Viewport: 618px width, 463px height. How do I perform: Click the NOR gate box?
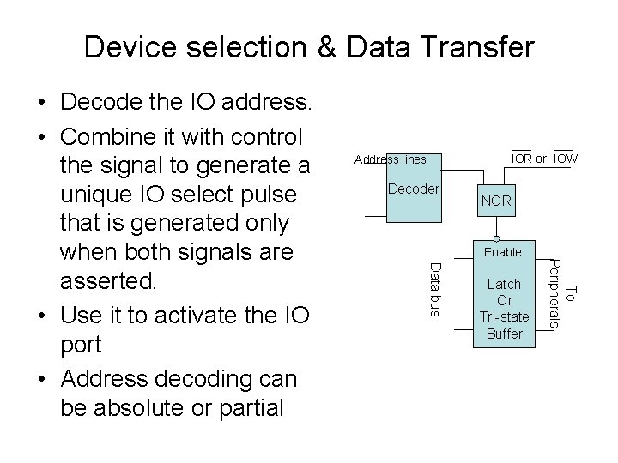tap(496, 201)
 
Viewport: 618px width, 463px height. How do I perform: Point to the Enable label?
tap(502, 252)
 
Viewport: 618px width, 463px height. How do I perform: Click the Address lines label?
tap(384, 159)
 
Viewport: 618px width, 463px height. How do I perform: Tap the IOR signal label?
tap(521, 159)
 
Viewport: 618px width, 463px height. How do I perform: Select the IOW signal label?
tap(565, 159)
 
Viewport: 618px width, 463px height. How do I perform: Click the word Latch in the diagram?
tap(504, 284)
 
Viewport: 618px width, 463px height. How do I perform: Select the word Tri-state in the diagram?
tap(505, 317)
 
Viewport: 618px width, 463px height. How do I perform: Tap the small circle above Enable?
tap(497, 238)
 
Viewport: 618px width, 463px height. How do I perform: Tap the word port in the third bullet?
tap(81, 345)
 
